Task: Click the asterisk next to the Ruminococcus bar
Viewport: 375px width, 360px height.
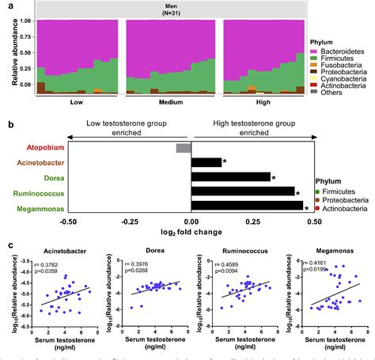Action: [297, 192]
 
